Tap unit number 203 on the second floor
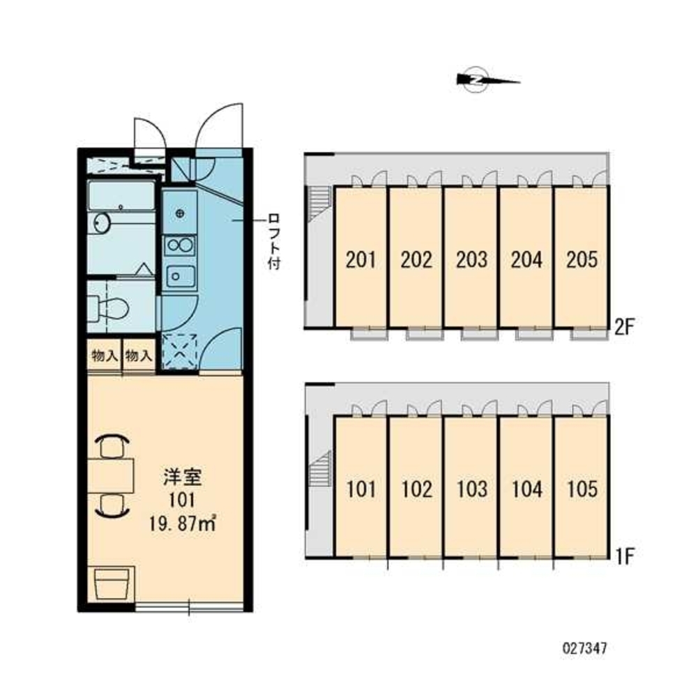[471, 259]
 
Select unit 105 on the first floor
[582, 489]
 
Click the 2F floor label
[624, 327]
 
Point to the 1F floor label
[624, 556]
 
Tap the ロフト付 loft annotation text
[274, 241]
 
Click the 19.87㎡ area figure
[183, 523]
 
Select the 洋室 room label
[183, 477]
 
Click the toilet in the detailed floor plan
[108, 307]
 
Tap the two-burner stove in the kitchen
[180, 245]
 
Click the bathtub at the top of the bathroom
[121, 195]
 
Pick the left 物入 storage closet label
[105, 355]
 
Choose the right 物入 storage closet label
[139, 355]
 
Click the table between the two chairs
[111, 475]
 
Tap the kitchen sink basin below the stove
[180, 277]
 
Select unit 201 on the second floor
[361, 259]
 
